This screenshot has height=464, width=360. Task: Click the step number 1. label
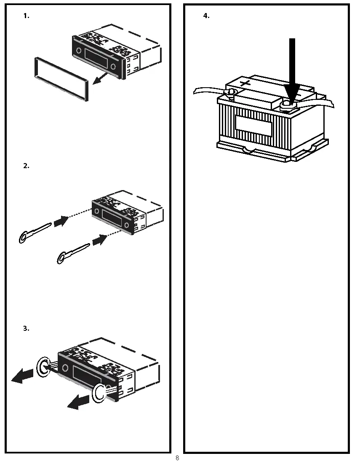(26, 16)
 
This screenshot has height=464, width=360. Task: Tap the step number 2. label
(26, 166)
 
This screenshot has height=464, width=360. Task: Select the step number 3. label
(26, 328)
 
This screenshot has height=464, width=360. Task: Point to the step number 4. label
(206, 16)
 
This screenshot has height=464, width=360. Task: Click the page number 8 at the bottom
(177, 458)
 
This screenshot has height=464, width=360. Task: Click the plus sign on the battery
(245, 82)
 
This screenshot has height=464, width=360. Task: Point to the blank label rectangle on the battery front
(253, 125)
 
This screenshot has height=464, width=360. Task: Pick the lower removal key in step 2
(72, 253)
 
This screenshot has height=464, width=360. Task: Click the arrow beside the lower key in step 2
(99, 241)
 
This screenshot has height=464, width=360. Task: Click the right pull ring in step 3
(100, 392)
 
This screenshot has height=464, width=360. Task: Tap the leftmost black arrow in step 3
(23, 376)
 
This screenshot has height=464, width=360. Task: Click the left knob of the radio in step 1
(79, 51)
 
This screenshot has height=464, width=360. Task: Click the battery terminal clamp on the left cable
(230, 92)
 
